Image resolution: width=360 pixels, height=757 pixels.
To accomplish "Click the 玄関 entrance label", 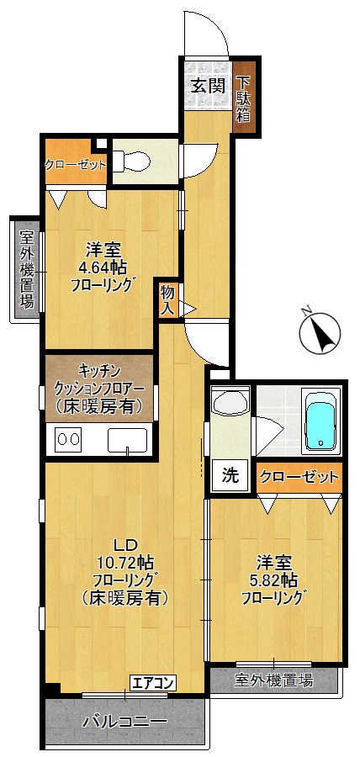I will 206,85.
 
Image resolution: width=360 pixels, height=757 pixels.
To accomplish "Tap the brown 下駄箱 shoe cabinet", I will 244,99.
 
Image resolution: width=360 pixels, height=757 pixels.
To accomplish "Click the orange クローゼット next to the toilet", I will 75,164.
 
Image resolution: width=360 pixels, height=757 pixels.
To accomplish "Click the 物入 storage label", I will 167,300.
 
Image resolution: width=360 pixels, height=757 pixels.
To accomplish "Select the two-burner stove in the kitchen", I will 67,439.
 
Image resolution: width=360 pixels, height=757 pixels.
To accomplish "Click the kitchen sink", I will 127,439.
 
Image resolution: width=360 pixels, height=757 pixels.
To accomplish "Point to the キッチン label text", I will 99,371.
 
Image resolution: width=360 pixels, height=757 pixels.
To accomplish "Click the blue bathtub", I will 320,423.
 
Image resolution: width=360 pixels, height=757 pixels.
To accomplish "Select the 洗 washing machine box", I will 230,474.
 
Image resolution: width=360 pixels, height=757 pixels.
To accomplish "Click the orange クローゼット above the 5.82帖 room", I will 299,477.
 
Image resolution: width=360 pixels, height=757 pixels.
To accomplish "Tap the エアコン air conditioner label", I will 152,682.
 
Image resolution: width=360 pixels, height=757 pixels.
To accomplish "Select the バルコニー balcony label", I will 124,722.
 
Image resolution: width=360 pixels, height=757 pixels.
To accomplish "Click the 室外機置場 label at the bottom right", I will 273,680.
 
